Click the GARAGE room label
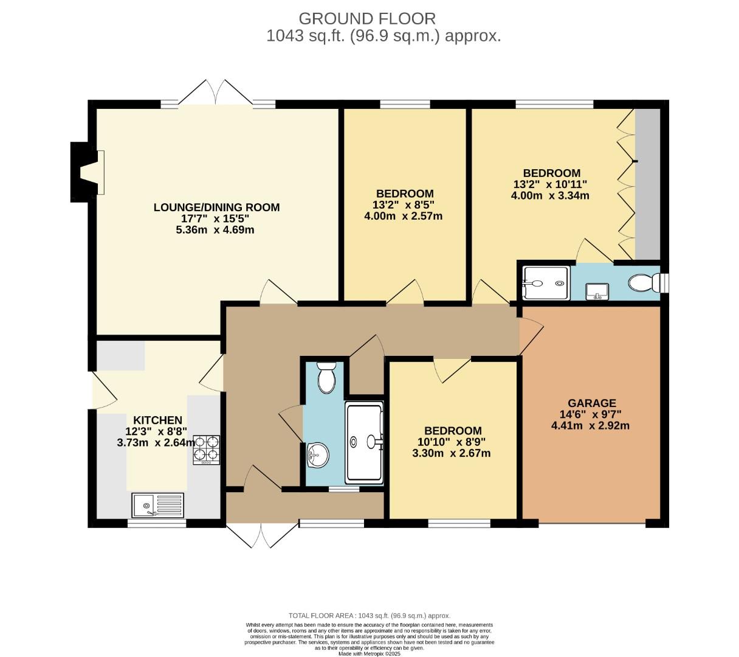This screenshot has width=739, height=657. point(591,403)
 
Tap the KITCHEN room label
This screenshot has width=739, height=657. point(157,420)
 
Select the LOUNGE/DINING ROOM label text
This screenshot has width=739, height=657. point(216,207)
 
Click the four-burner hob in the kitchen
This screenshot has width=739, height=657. point(207,450)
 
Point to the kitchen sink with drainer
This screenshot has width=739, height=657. point(157,504)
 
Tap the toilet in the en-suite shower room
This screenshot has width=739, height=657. point(642,283)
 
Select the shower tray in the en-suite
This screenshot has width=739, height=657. point(546,283)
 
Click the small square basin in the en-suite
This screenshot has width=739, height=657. point(598,291)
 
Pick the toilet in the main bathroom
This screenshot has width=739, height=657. point(326,377)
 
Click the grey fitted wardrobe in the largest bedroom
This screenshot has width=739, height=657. point(647,184)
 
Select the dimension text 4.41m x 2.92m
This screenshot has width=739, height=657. point(590,426)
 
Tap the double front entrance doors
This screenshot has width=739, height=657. point(261,534)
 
